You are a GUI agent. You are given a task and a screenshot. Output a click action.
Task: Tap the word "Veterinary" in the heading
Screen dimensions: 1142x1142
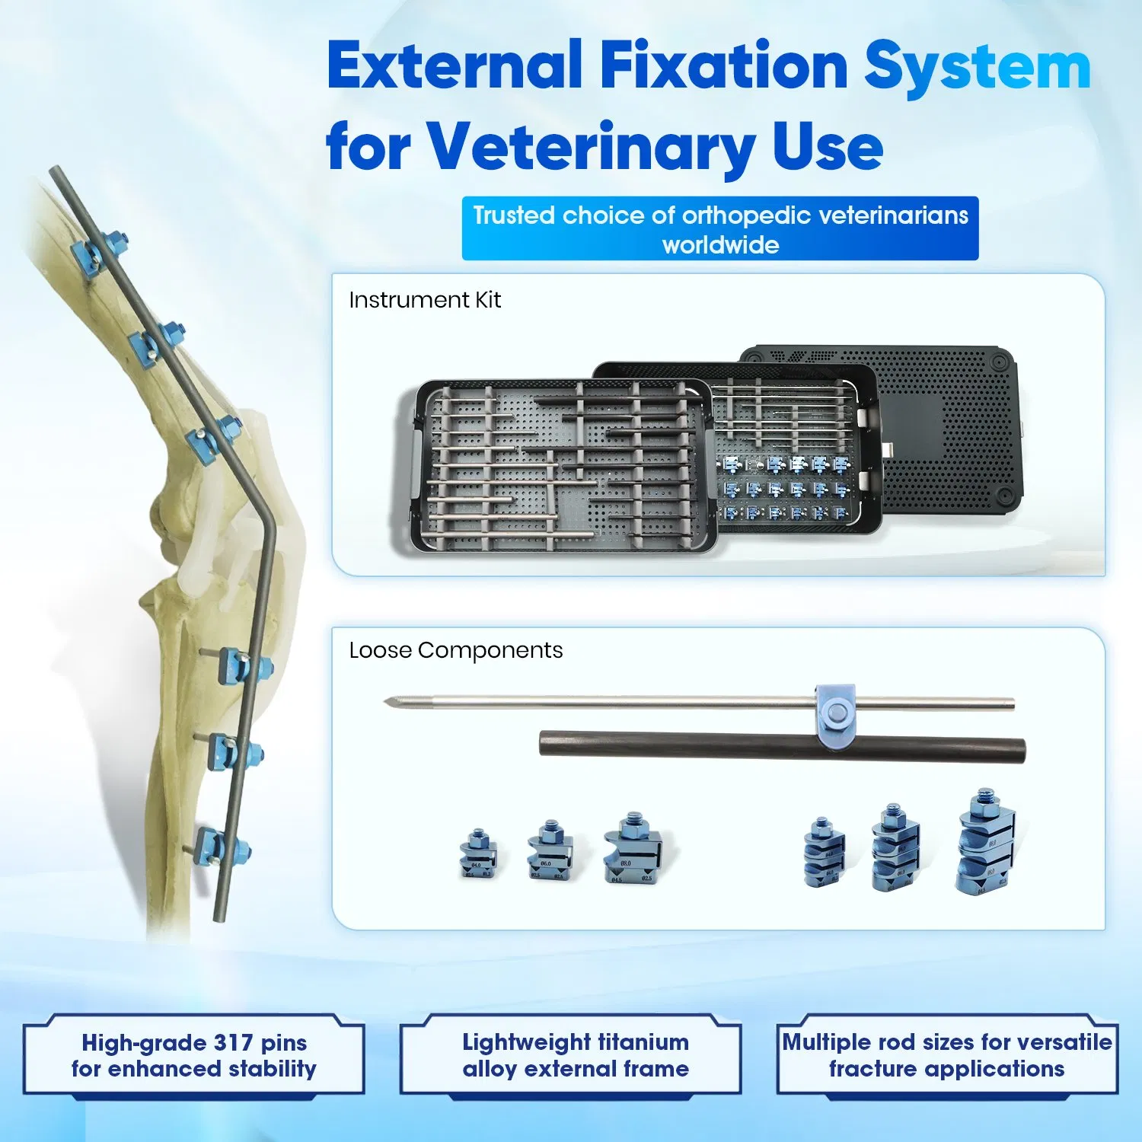[x=591, y=147]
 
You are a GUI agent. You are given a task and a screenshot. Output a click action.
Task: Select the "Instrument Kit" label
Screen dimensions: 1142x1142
[x=424, y=300]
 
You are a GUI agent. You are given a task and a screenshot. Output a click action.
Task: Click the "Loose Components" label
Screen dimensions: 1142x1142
[x=455, y=650]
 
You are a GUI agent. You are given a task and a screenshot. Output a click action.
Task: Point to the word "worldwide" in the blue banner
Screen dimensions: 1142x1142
[x=720, y=245]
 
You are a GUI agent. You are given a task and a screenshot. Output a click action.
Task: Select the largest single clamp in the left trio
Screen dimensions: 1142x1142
[x=632, y=849]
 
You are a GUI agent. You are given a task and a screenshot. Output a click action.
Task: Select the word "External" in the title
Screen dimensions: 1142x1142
[x=454, y=67]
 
